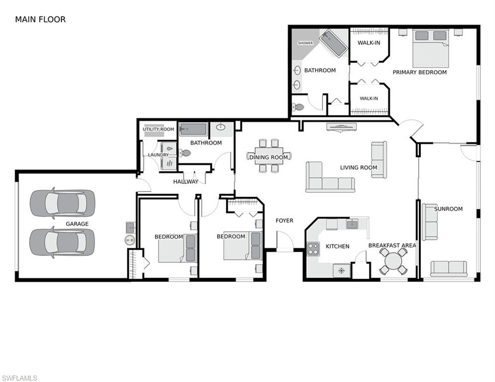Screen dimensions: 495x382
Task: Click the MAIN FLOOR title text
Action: [x=40, y=19]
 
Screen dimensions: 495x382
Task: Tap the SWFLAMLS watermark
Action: [x=19, y=378]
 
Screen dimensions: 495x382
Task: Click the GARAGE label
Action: [x=77, y=224]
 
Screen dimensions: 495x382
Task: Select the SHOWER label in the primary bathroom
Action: [x=305, y=43]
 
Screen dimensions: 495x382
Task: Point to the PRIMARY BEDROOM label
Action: [x=419, y=72]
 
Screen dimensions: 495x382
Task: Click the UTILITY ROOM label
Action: [x=158, y=129]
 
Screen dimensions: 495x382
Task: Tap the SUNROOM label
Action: [x=448, y=209]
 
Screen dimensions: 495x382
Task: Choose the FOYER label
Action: [x=285, y=220]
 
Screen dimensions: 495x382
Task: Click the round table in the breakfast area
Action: [x=393, y=261]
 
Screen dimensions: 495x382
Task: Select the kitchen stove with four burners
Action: [x=313, y=248]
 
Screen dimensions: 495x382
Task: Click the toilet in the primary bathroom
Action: [x=297, y=107]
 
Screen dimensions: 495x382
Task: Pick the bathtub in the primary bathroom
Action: [x=333, y=43]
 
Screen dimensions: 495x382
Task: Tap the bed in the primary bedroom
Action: [x=430, y=48]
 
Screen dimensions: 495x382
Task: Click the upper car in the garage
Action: [x=62, y=203]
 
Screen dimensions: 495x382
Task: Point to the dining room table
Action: [x=269, y=156]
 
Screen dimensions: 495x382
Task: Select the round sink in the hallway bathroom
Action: [x=221, y=127]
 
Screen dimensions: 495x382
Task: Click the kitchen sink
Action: [x=352, y=224]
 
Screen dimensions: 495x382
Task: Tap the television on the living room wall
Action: [x=342, y=127]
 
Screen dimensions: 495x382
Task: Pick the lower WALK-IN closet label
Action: [x=369, y=98]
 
